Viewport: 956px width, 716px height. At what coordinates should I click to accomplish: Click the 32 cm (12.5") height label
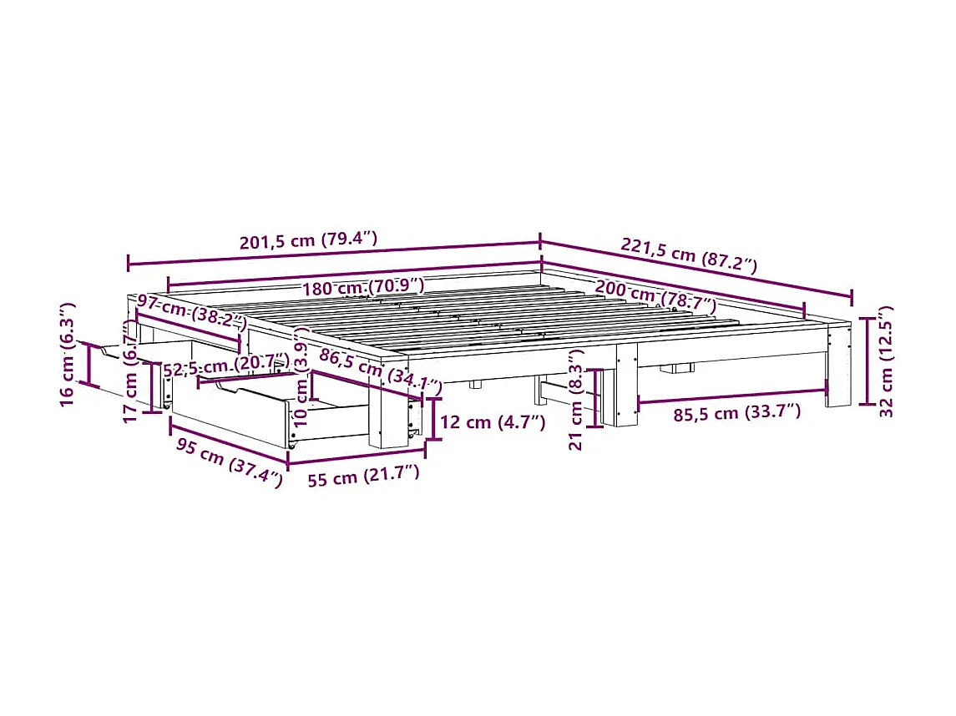(887, 359)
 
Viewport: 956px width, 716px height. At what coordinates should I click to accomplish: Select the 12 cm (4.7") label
(492, 422)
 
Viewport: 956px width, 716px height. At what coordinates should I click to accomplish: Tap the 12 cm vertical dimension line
(433, 419)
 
